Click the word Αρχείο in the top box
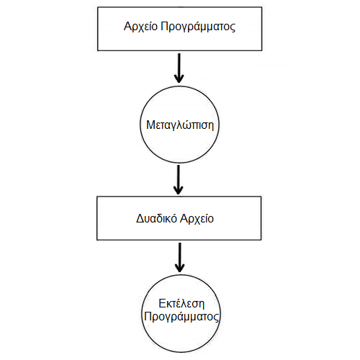(140, 27)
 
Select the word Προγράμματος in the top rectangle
(198, 27)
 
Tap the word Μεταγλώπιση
(180, 125)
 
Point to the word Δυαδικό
(156, 219)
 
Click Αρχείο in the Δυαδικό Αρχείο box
(197, 219)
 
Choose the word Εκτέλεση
(181, 304)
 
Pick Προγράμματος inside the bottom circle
(181, 317)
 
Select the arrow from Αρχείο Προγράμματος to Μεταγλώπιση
(179, 68)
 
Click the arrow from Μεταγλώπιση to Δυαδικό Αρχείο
(178, 179)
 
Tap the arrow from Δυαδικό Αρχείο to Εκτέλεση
(179, 257)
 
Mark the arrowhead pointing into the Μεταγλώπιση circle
(179, 78)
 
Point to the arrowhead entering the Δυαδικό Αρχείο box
(178, 190)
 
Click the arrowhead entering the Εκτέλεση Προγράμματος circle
(179, 268)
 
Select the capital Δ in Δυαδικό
(140, 218)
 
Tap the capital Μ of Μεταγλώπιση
(150, 125)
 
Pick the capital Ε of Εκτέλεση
(162, 304)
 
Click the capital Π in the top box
(164, 26)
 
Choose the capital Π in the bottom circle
(148, 316)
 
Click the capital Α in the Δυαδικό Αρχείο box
(184, 218)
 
